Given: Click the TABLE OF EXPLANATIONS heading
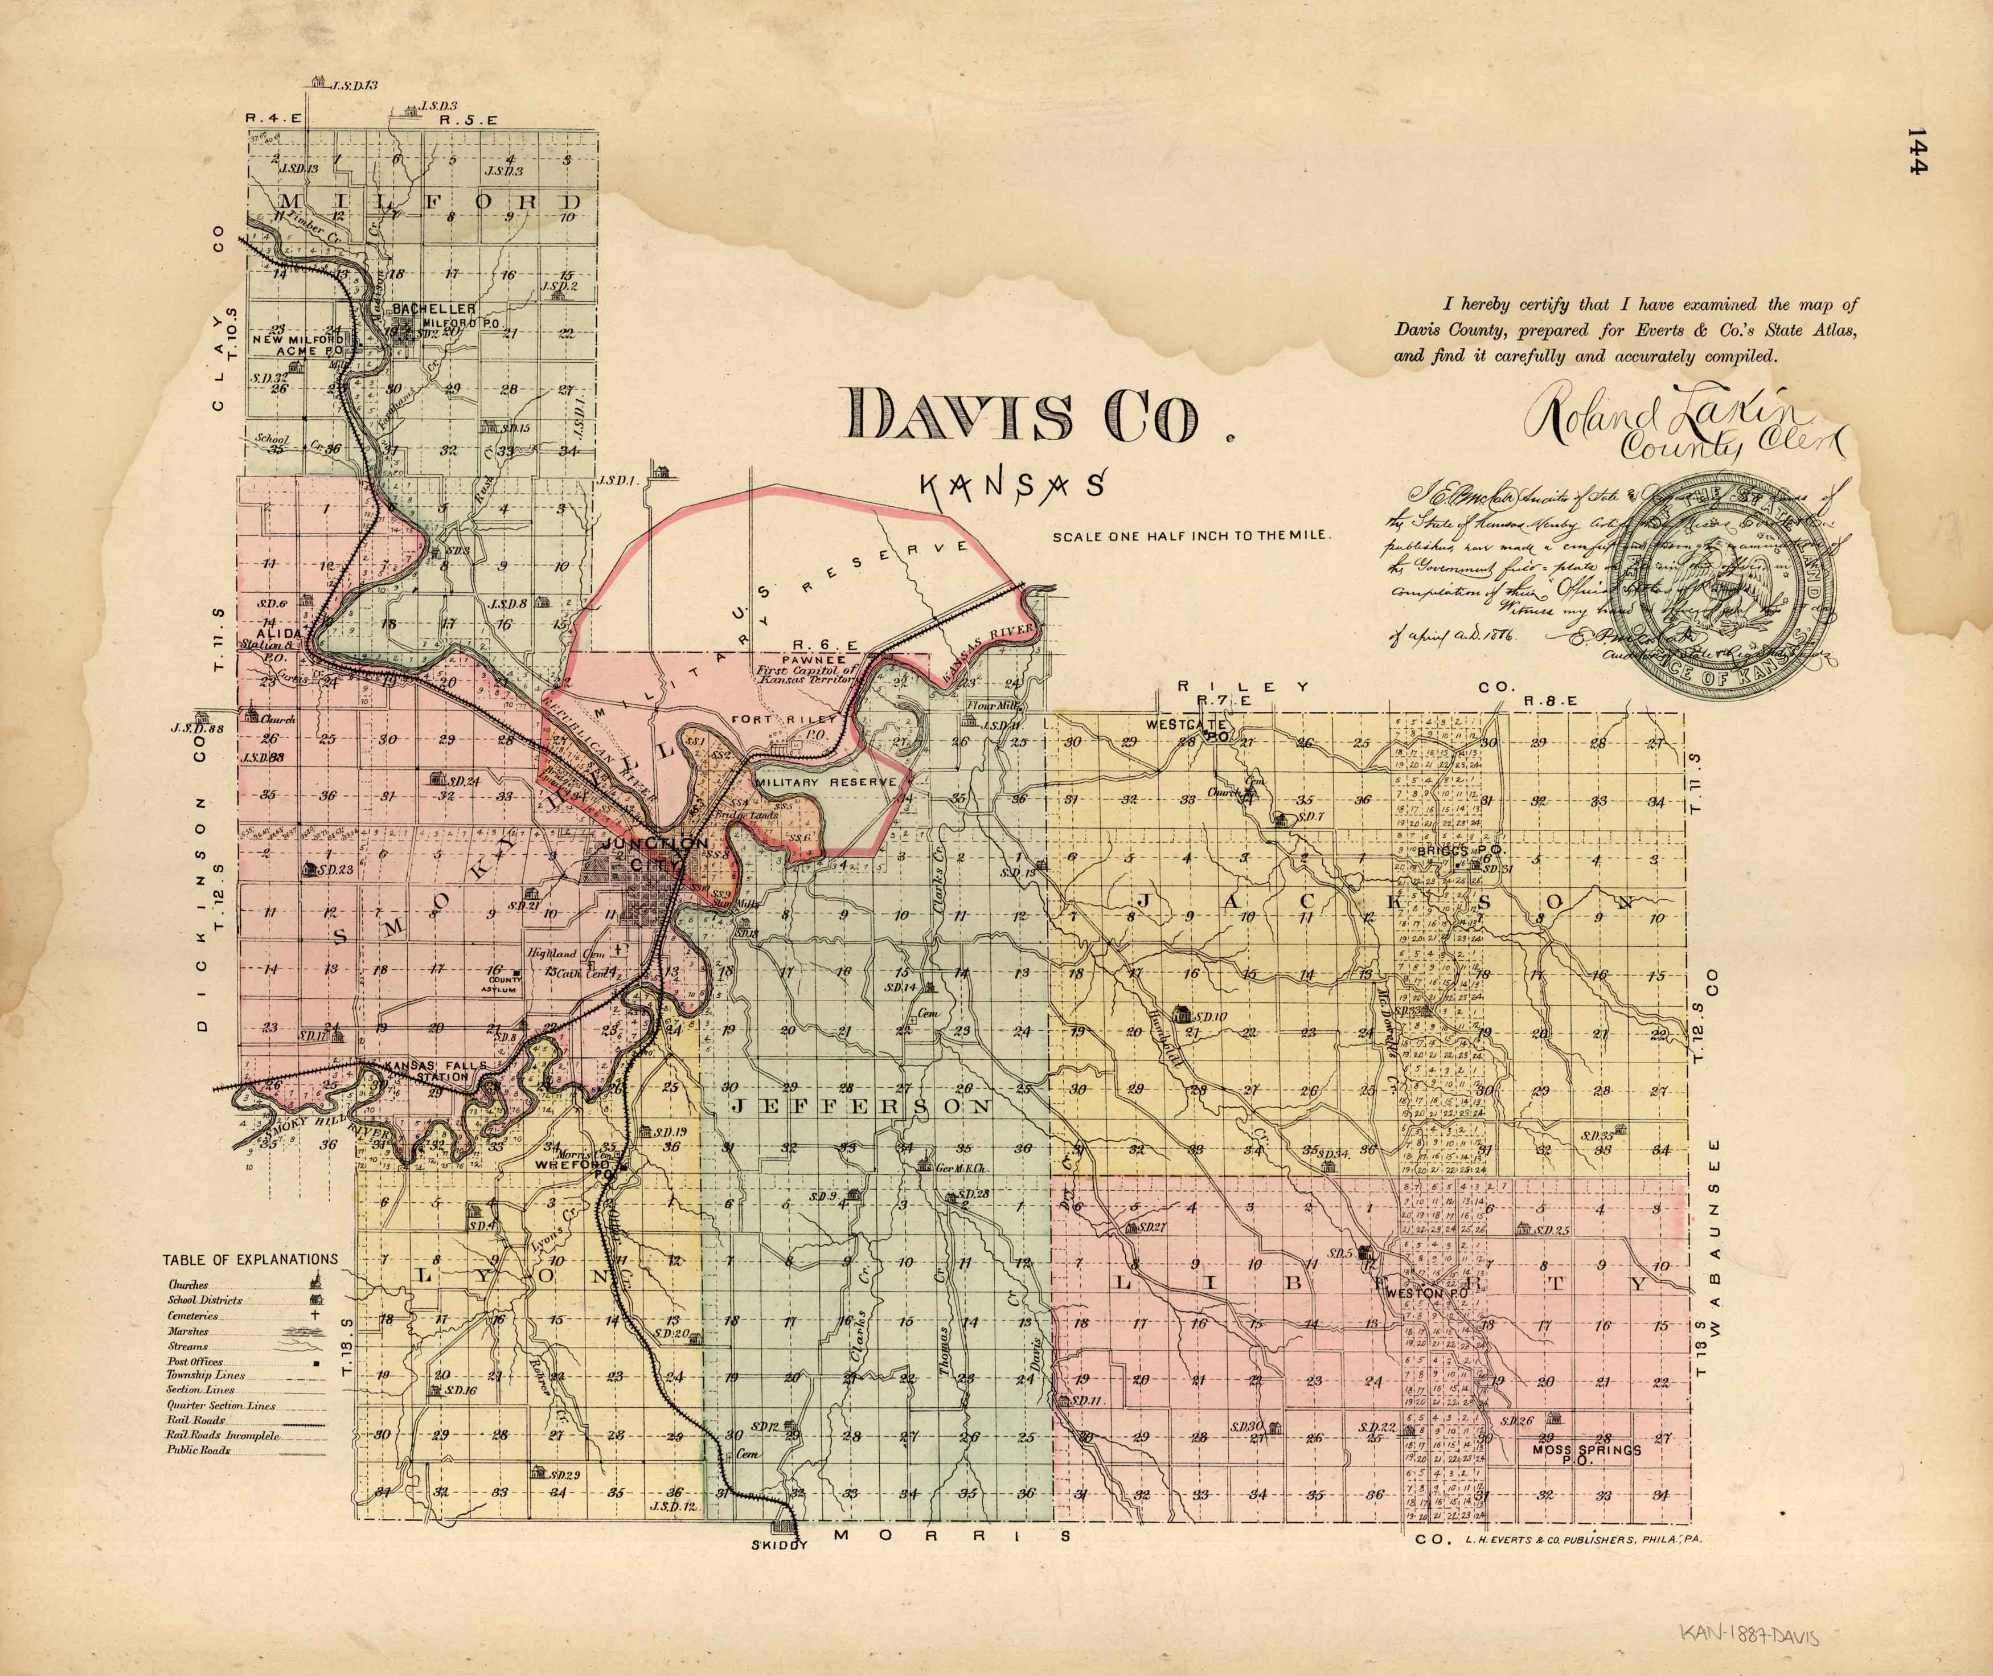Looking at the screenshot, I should tap(250, 1259).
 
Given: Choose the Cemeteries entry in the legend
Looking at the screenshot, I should tap(193, 1317).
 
